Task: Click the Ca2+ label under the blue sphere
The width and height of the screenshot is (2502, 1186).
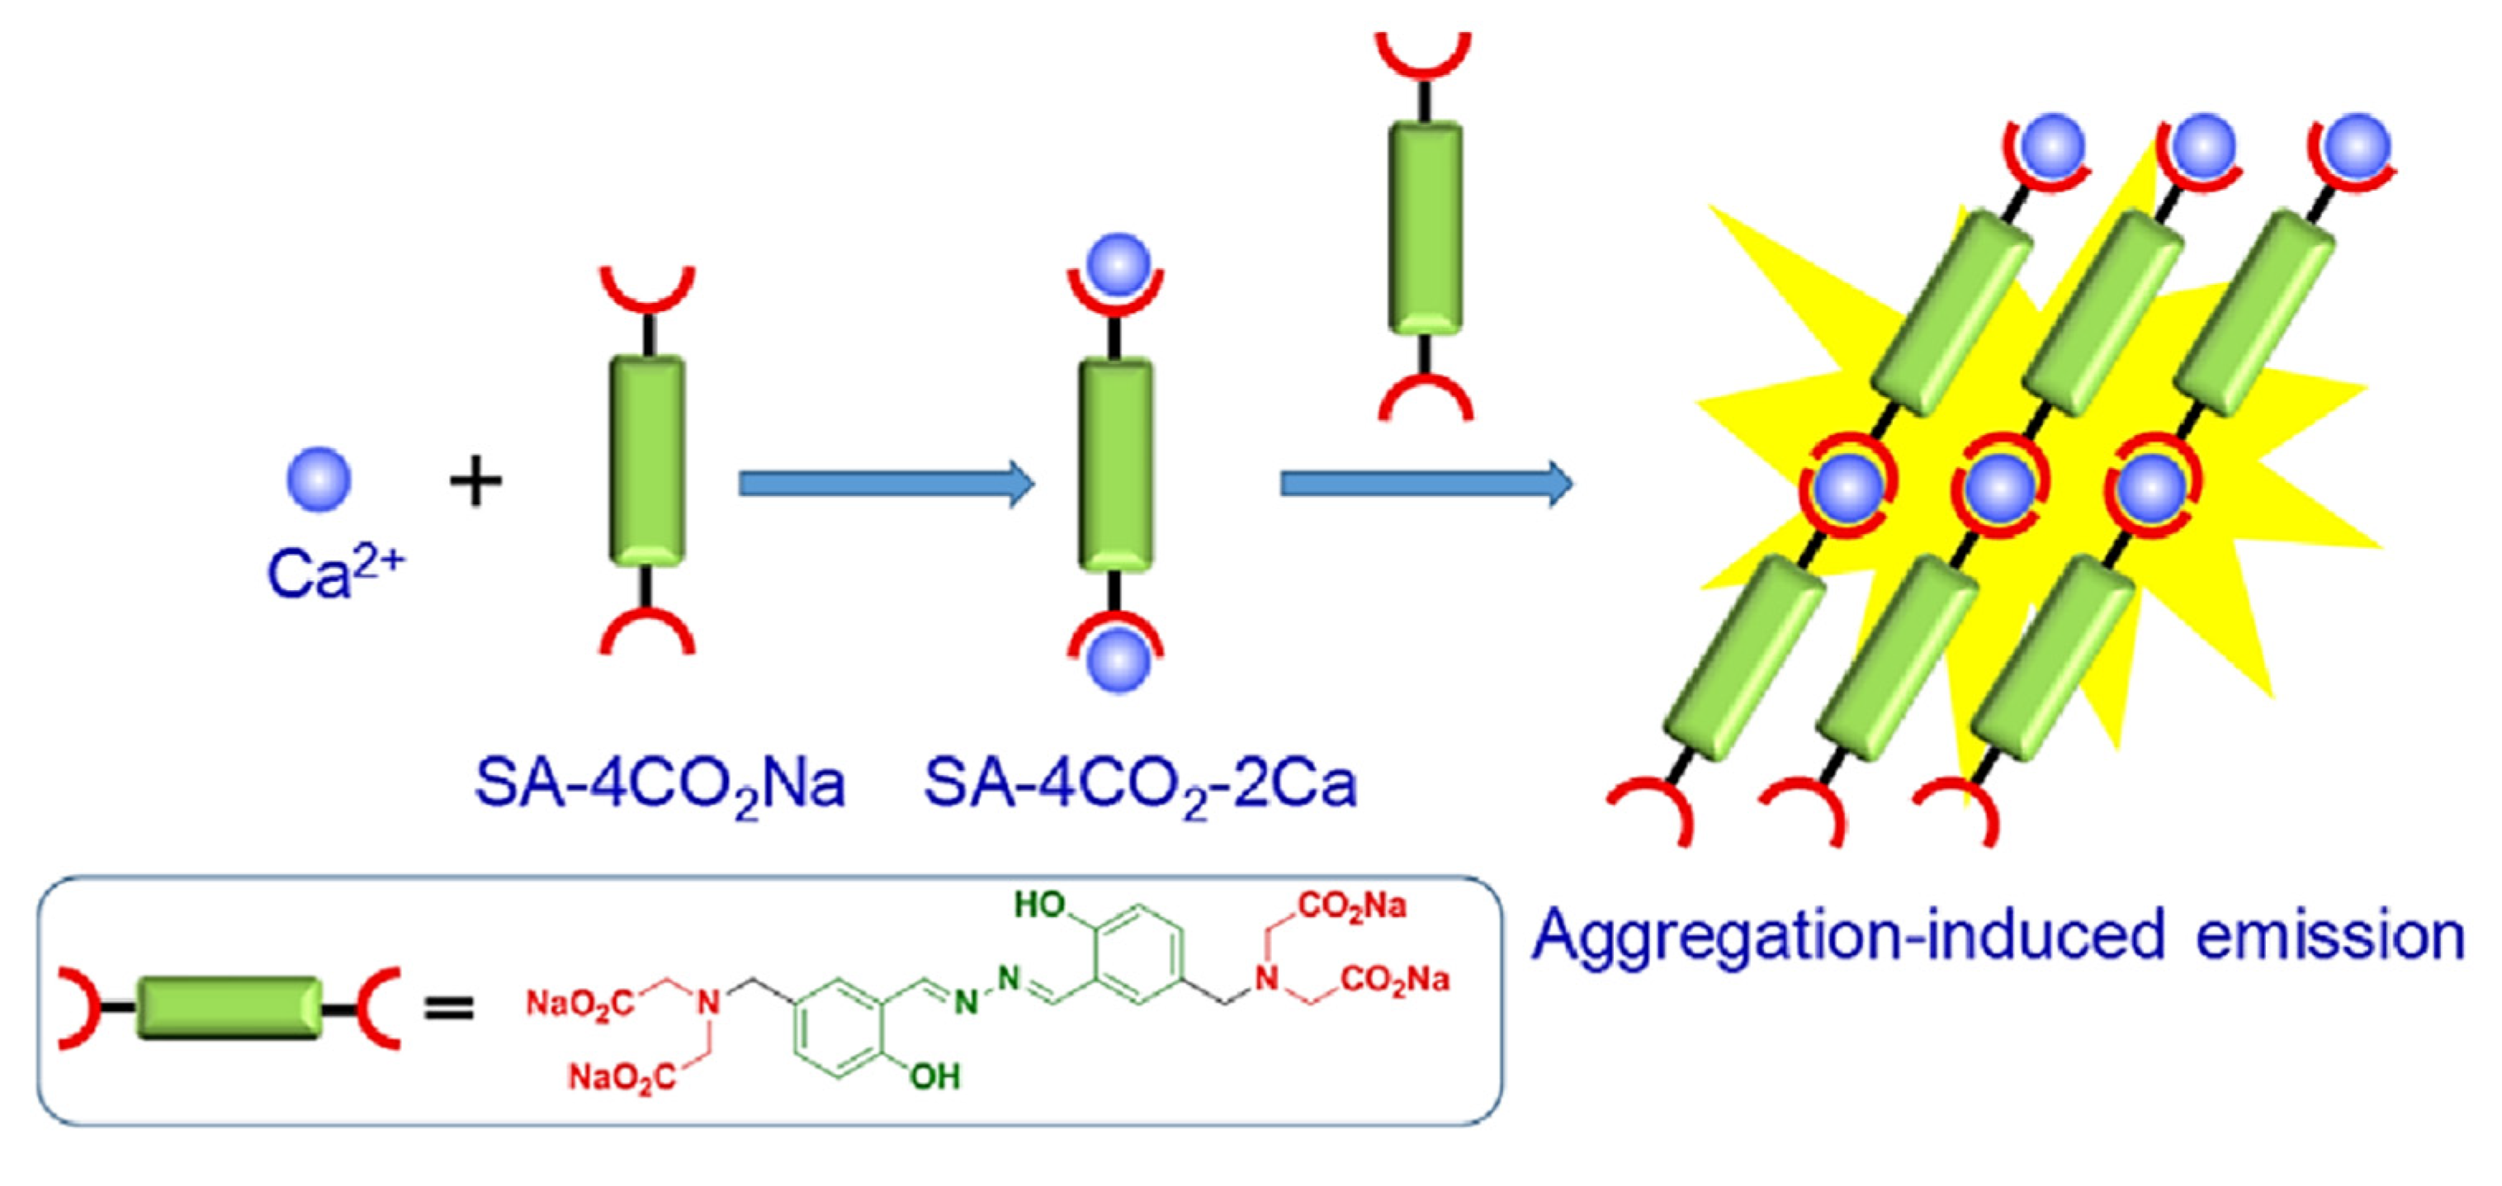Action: click(335, 573)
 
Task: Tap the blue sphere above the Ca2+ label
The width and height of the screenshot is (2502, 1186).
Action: click(319, 480)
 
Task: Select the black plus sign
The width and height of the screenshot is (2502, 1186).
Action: click(476, 482)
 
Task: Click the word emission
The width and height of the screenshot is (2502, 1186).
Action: click(2330, 934)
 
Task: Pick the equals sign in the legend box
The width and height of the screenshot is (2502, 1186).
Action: click(450, 1009)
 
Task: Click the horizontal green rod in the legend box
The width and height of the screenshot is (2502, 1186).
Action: click(229, 1009)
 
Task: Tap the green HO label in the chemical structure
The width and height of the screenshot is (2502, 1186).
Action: click(1040, 905)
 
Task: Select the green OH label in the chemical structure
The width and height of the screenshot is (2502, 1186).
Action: click(934, 1076)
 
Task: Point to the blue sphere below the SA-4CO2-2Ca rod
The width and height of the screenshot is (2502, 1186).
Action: click(1118, 660)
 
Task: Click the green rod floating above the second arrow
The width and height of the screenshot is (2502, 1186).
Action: click(1425, 229)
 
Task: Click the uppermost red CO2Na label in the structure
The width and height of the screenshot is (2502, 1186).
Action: click(1351, 906)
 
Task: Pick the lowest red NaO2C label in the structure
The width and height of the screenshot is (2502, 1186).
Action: click(622, 1077)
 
